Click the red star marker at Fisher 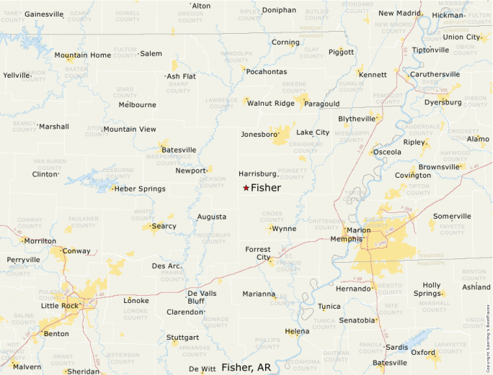(246, 188)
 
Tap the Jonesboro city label (258, 134)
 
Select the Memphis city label (345, 238)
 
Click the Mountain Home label (82, 55)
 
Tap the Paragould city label (322, 104)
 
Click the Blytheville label (357, 118)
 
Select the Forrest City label (257, 253)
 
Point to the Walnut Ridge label (270, 103)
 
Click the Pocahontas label (266, 71)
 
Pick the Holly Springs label (431, 289)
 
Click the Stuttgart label (182, 337)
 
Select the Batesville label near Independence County (179, 150)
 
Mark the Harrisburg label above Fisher (257, 174)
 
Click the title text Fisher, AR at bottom (246, 367)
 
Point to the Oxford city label (423, 353)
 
